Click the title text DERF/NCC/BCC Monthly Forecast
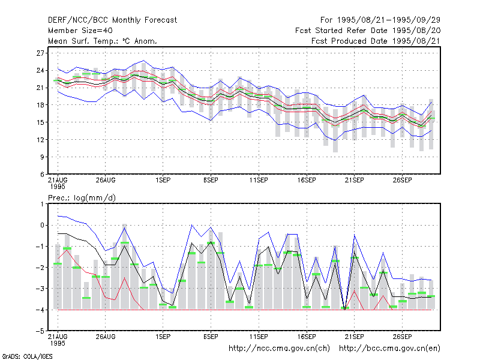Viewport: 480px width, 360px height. (x=112, y=20)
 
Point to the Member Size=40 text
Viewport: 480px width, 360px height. (x=80, y=31)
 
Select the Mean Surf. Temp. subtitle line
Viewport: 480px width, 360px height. (x=103, y=41)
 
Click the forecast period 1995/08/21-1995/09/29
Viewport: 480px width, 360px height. (x=380, y=20)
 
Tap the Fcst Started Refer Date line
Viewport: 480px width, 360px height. (x=368, y=31)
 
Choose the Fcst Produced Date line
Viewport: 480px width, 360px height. (x=376, y=41)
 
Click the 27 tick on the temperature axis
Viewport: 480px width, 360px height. (x=40, y=53)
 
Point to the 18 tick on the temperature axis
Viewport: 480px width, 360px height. (x=40, y=105)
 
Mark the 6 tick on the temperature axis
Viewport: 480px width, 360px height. (x=42, y=175)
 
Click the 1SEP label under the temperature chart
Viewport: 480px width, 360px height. (x=163, y=181)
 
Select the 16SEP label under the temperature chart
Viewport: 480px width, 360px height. (x=307, y=181)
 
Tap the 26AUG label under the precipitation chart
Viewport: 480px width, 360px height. (x=106, y=337)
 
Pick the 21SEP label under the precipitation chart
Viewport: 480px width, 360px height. (x=355, y=337)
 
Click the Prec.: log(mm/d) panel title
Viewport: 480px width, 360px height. (x=82, y=198)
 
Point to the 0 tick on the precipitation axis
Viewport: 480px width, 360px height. (x=42, y=226)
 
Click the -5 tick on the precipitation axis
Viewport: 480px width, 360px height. (x=40, y=331)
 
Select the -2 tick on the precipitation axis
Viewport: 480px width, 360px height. (x=40, y=268)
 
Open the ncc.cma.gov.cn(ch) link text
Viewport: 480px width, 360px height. (x=279, y=349)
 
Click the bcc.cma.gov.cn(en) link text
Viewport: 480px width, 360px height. (x=389, y=349)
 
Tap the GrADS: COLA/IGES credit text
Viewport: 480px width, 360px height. (x=27, y=356)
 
